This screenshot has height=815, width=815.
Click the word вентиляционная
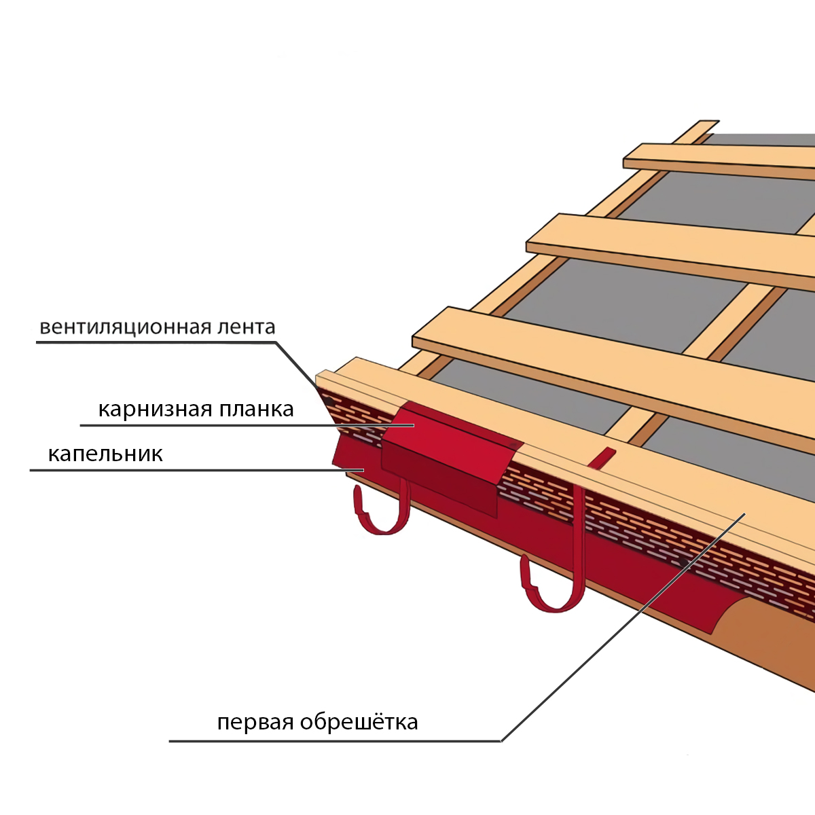tap(125, 327)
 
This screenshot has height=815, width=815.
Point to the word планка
tap(257, 410)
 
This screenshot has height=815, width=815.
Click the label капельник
tap(105, 454)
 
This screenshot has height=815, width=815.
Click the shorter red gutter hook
tap(401, 509)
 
